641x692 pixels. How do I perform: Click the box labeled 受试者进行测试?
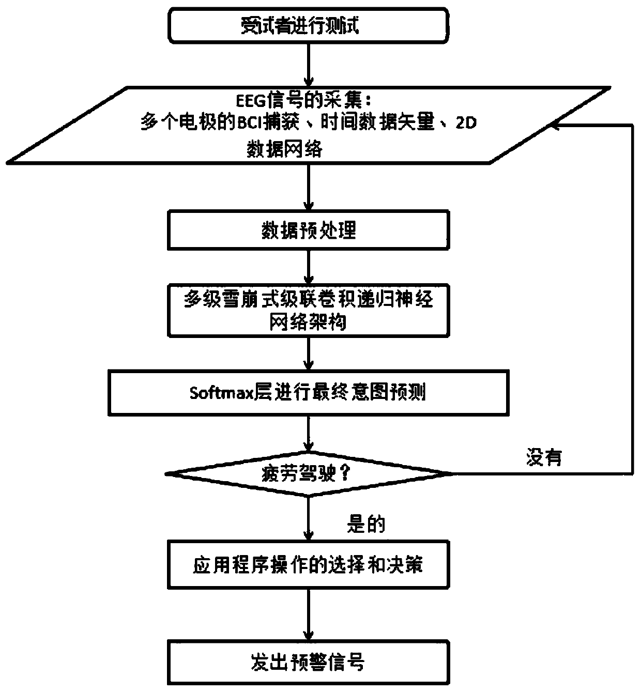[308, 25]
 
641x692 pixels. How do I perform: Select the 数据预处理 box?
[308, 230]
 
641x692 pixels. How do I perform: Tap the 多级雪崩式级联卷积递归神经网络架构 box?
[308, 311]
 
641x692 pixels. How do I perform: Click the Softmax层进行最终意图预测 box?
[308, 392]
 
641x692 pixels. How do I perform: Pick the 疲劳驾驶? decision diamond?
[308, 473]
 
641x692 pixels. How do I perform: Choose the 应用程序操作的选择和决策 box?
[308, 564]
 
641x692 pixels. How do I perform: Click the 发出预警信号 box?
[308, 662]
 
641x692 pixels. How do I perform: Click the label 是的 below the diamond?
[366, 525]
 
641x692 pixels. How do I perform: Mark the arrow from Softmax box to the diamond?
[308, 434]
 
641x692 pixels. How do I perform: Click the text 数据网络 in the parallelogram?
[285, 149]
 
